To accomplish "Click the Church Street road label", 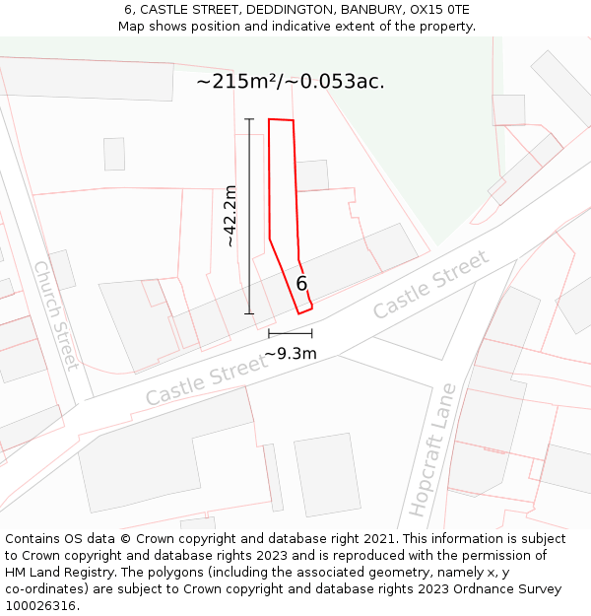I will [56, 314].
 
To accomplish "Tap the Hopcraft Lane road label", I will [429, 449].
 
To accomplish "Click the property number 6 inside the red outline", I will [301, 284].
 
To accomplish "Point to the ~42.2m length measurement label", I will [230, 216].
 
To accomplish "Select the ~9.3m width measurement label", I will [291, 354].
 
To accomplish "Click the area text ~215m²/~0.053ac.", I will [291, 82].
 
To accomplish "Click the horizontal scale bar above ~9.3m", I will [290, 334].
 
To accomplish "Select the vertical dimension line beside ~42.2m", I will [249, 216].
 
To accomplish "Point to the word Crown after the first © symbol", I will [161, 539].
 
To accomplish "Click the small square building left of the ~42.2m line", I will [114, 154].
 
